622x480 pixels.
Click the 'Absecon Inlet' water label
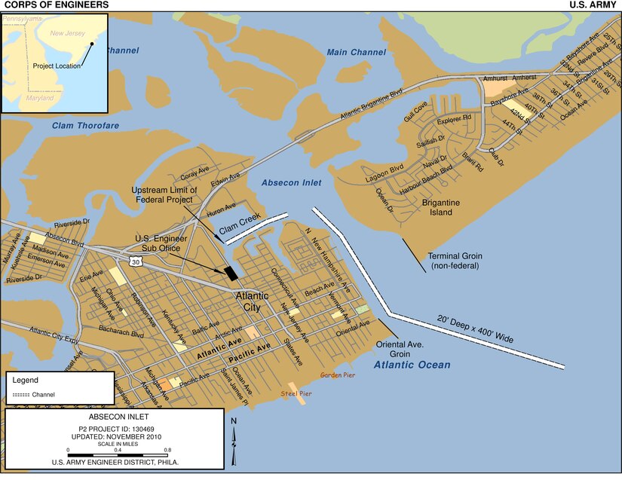point(291,183)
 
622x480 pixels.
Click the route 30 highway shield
point(134,261)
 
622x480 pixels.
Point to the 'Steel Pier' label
point(296,393)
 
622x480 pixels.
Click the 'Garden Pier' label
point(337,375)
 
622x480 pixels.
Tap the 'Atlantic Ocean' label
point(412,365)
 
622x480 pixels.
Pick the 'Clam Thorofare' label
point(85,126)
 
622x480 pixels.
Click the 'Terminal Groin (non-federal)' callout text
point(456,261)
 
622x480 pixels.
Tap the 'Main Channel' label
point(356,52)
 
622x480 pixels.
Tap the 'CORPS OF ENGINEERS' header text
point(56,5)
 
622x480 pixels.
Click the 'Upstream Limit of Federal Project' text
point(164,194)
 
